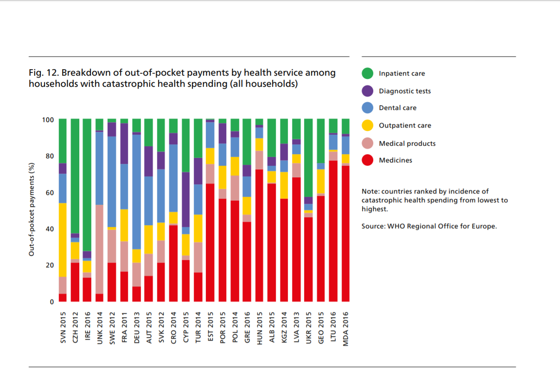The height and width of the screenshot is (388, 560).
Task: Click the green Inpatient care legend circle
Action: [368, 73]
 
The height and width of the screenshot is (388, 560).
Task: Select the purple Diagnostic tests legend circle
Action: [368, 91]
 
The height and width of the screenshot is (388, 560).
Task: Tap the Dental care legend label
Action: [397, 108]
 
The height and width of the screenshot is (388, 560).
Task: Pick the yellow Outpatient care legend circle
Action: [368, 125]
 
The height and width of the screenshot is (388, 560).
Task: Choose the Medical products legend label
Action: [407, 143]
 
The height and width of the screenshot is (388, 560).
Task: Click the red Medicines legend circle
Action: [368, 160]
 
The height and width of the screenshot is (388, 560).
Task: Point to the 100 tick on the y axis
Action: [48, 120]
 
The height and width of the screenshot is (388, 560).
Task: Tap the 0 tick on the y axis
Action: [52, 302]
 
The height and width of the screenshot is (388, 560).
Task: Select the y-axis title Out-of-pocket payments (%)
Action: [32, 209]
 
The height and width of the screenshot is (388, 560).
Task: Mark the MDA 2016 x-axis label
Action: [345, 327]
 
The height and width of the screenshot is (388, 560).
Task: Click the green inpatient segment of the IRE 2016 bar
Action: [87, 183]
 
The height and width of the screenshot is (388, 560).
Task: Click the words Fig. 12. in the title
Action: [43, 73]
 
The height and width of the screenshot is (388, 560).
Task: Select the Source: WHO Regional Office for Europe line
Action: [429, 226]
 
